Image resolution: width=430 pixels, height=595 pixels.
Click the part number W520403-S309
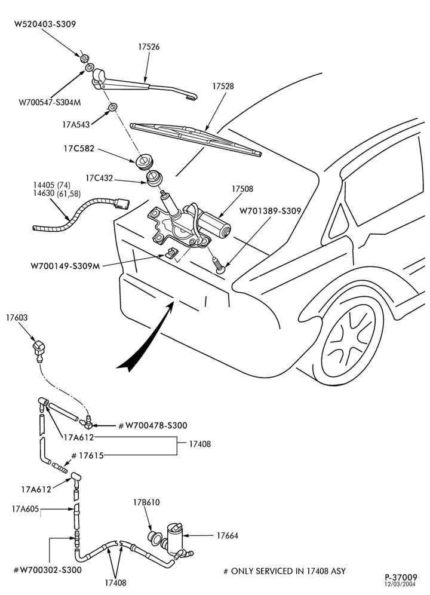(45, 24)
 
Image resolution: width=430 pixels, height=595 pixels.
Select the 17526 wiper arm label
(149, 47)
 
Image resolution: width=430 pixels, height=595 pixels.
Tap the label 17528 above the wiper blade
(223, 86)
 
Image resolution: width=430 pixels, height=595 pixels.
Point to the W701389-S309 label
(270, 211)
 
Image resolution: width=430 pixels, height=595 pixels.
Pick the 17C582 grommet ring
(145, 161)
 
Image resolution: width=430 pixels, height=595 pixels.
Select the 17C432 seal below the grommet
(154, 179)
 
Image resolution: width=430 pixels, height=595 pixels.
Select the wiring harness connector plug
(121, 204)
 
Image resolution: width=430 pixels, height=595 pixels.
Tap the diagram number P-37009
(401, 577)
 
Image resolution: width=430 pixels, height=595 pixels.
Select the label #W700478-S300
(153, 425)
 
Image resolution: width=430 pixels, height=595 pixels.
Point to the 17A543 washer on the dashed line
(112, 107)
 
